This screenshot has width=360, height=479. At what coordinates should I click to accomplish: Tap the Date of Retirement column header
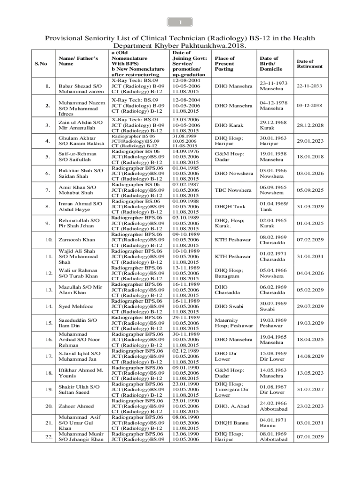coord(310,64)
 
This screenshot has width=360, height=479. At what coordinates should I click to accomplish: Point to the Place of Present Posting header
coord(224,63)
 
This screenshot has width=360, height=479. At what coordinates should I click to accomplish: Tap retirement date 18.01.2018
coord(310,157)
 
